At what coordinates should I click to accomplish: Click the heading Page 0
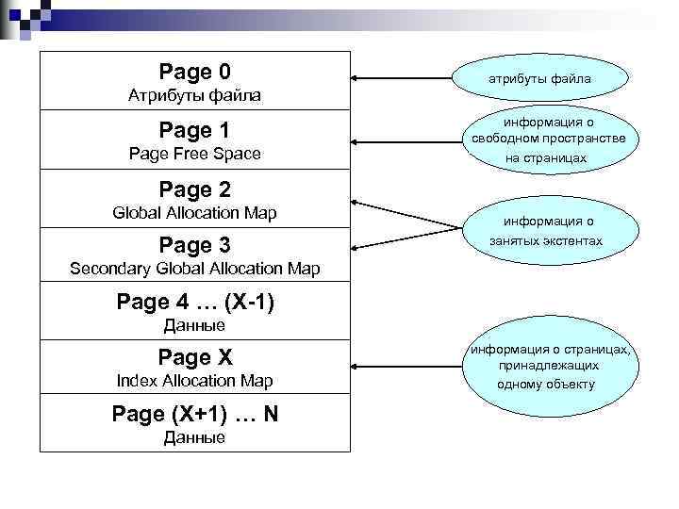tap(194, 72)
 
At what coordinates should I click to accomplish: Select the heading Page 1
tap(194, 130)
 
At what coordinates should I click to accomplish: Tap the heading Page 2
tap(194, 189)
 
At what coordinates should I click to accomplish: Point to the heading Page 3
tap(194, 246)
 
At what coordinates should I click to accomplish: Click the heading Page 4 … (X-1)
tap(194, 303)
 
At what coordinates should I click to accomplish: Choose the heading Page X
tap(194, 357)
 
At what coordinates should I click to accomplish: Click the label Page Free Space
tap(194, 154)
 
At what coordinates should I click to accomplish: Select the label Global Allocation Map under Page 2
tap(194, 212)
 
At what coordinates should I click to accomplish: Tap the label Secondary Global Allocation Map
tap(194, 270)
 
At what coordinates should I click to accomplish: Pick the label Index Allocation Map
tap(194, 381)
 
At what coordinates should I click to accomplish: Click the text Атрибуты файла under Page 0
tap(194, 96)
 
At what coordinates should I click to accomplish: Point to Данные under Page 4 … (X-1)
tap(194, 326)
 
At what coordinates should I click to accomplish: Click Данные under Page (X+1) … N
tap(194, 437)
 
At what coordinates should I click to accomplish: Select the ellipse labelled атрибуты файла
tap(545, 78)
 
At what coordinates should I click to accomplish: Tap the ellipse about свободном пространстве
tap(545, 140)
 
